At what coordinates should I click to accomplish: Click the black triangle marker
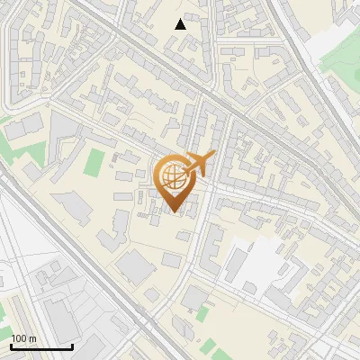181,24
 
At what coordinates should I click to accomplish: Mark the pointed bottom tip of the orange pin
175,212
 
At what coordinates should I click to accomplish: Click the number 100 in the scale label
19,339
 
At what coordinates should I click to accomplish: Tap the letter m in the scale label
31,339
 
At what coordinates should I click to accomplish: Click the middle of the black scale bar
41,346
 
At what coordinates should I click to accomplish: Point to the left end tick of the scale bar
11,345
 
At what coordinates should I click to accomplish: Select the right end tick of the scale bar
72,345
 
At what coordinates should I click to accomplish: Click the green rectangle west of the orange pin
94,163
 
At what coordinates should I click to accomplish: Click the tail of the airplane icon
186,169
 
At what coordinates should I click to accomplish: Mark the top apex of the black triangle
181,19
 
